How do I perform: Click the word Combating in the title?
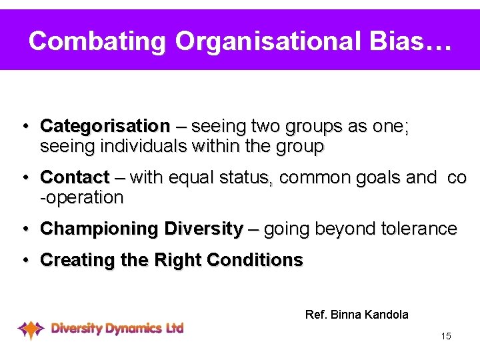point(97,41)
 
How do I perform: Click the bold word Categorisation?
point(105,126)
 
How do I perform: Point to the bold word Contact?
point(75,178)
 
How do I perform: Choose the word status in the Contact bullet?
point(253,178)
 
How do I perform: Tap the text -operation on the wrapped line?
point(82,198)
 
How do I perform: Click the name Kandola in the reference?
point(386,314)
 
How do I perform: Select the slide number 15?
point(446,336)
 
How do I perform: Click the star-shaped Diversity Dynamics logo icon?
point(31,329)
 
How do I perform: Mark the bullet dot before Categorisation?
point(23,126)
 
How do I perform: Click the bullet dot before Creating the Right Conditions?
point(23,260)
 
